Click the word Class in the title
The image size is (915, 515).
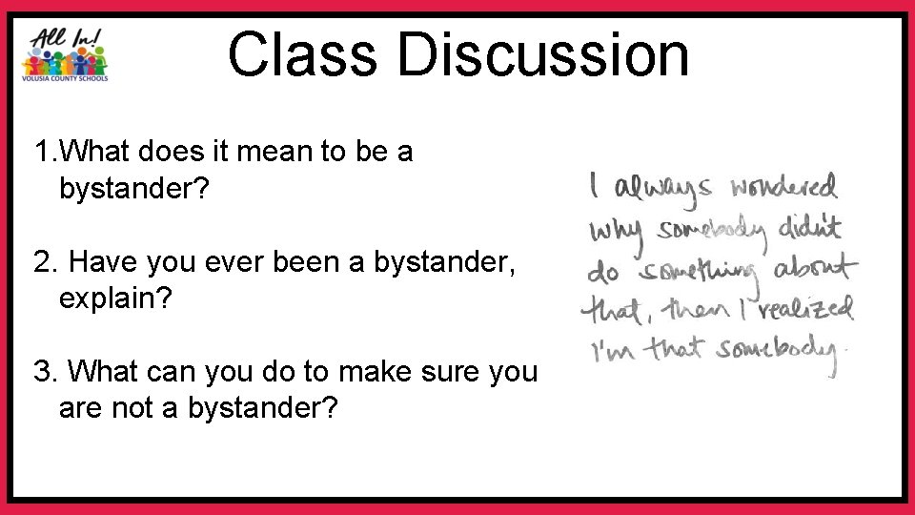302,54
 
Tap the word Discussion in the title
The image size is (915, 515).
543,54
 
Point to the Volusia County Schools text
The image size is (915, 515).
65,78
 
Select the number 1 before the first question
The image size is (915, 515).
40,151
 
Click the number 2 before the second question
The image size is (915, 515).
41,260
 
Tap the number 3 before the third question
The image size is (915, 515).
41,370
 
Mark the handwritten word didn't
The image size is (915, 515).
808,227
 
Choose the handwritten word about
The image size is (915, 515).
815,269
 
